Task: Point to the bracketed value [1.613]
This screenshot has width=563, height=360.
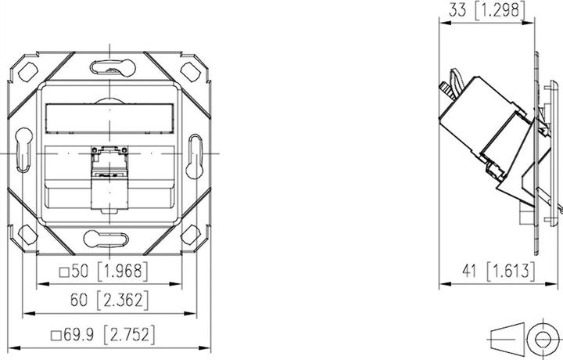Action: pos(511,272)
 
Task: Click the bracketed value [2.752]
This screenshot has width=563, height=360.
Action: pos(129,334)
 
